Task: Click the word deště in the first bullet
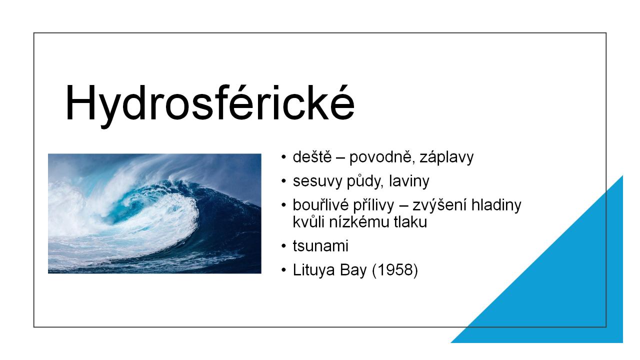(312, 157)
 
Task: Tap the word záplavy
(446, 157)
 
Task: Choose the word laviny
(409, 181)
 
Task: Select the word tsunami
(320, 246)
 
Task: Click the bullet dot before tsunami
(283, 246)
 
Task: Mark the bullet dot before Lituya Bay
(283, 269)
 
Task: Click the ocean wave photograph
(154, 213)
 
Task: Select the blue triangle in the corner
(565, 285)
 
